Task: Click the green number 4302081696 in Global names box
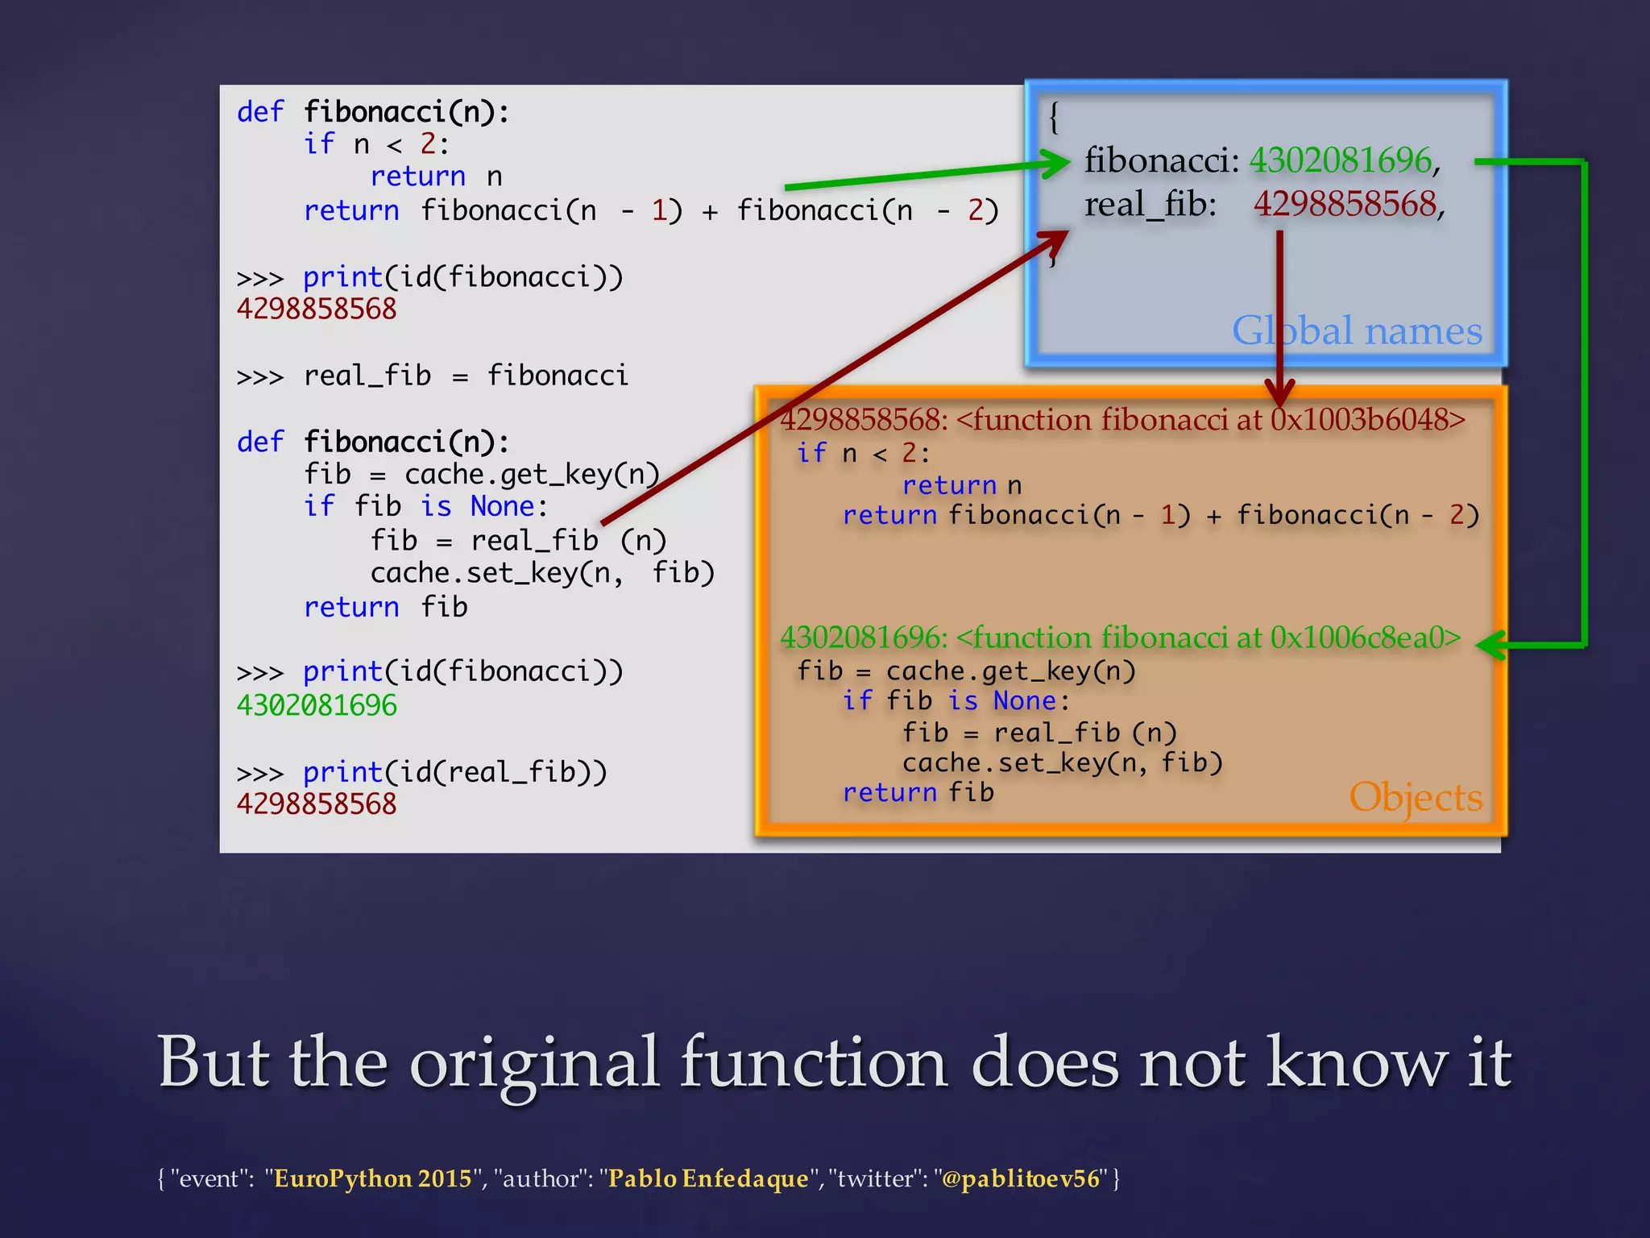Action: tap(1341, 160)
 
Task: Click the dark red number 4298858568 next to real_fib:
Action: tap(1345, 204)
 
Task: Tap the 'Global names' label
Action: tap(1357, 331)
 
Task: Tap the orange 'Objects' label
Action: tap(1416, 797)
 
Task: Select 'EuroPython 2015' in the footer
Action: tap(372, 1178)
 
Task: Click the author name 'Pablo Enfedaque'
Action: tap(707, 1178)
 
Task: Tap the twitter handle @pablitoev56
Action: tap(1020, 1178)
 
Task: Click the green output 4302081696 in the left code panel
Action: tap(317, 705)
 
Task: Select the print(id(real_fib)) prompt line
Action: tap(454, 772)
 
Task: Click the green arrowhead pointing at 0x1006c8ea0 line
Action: tap(1490, 645)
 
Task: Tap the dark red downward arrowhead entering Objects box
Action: tap(1279, 394)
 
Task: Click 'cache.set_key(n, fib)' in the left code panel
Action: tap(541, 573)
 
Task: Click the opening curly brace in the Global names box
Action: tap(1054, 118)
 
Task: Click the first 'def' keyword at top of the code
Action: tap(260, 111)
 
